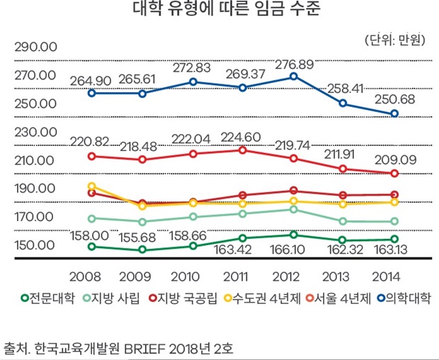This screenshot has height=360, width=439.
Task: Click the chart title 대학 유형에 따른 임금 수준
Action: [219, 11]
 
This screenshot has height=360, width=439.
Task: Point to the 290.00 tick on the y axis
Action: [35, 47]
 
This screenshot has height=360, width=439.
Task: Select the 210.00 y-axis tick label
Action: [35, 160]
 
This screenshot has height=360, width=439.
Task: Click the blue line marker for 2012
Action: [293, 77]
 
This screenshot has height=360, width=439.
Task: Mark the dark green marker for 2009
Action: [142, 249]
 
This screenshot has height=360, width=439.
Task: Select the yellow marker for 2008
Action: [91, 186]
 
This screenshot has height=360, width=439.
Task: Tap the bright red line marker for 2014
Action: [395, 174]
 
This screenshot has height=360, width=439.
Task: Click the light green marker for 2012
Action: [293, 209]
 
